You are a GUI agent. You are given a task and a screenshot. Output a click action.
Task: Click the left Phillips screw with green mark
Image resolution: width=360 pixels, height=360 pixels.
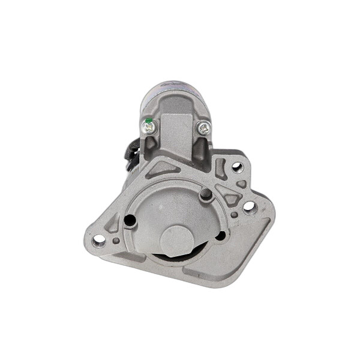[x=149, y=125]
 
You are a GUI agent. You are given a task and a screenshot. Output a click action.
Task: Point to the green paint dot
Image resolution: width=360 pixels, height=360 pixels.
[x=146, y=122]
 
